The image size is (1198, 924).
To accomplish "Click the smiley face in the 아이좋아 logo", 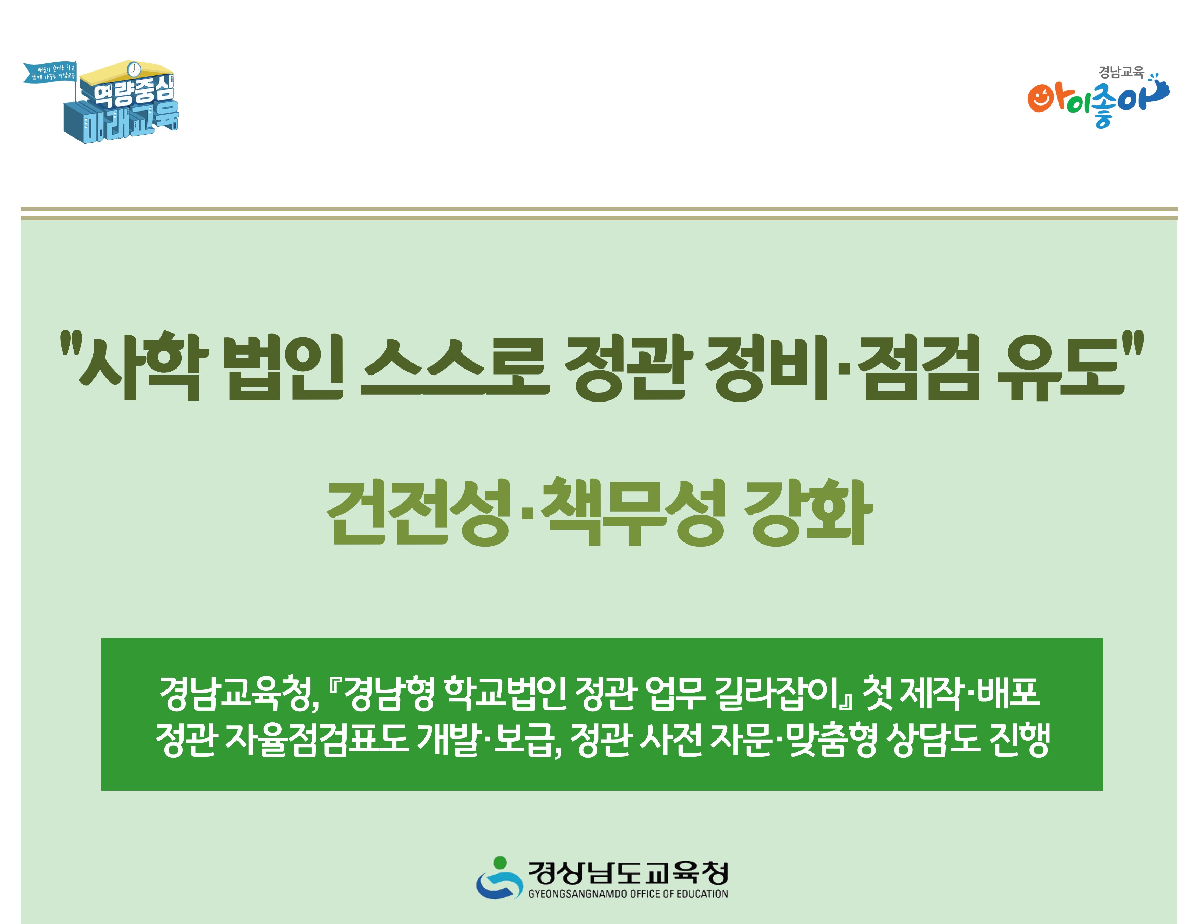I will [1039, 99].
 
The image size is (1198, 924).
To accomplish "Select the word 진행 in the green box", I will [1019, 740].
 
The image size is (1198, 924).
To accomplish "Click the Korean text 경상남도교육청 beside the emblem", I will [628, 872].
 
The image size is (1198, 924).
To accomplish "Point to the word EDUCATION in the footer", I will [702, 894].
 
